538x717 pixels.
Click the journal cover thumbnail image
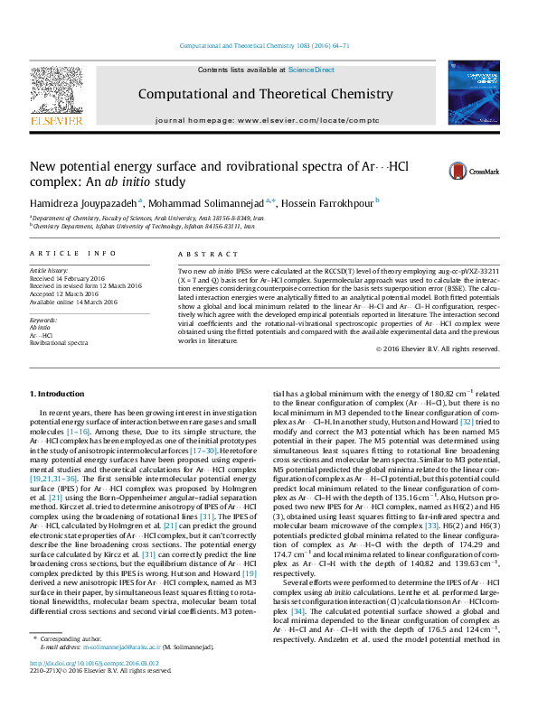(x=473, y=93)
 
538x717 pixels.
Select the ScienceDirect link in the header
(x=312, y=70)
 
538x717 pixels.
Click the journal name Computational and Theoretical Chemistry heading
(x=265, y=94)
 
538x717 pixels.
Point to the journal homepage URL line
(x=265, y=120)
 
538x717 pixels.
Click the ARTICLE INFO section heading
(x=73, y=255)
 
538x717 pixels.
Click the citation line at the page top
(x=265, y=44)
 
